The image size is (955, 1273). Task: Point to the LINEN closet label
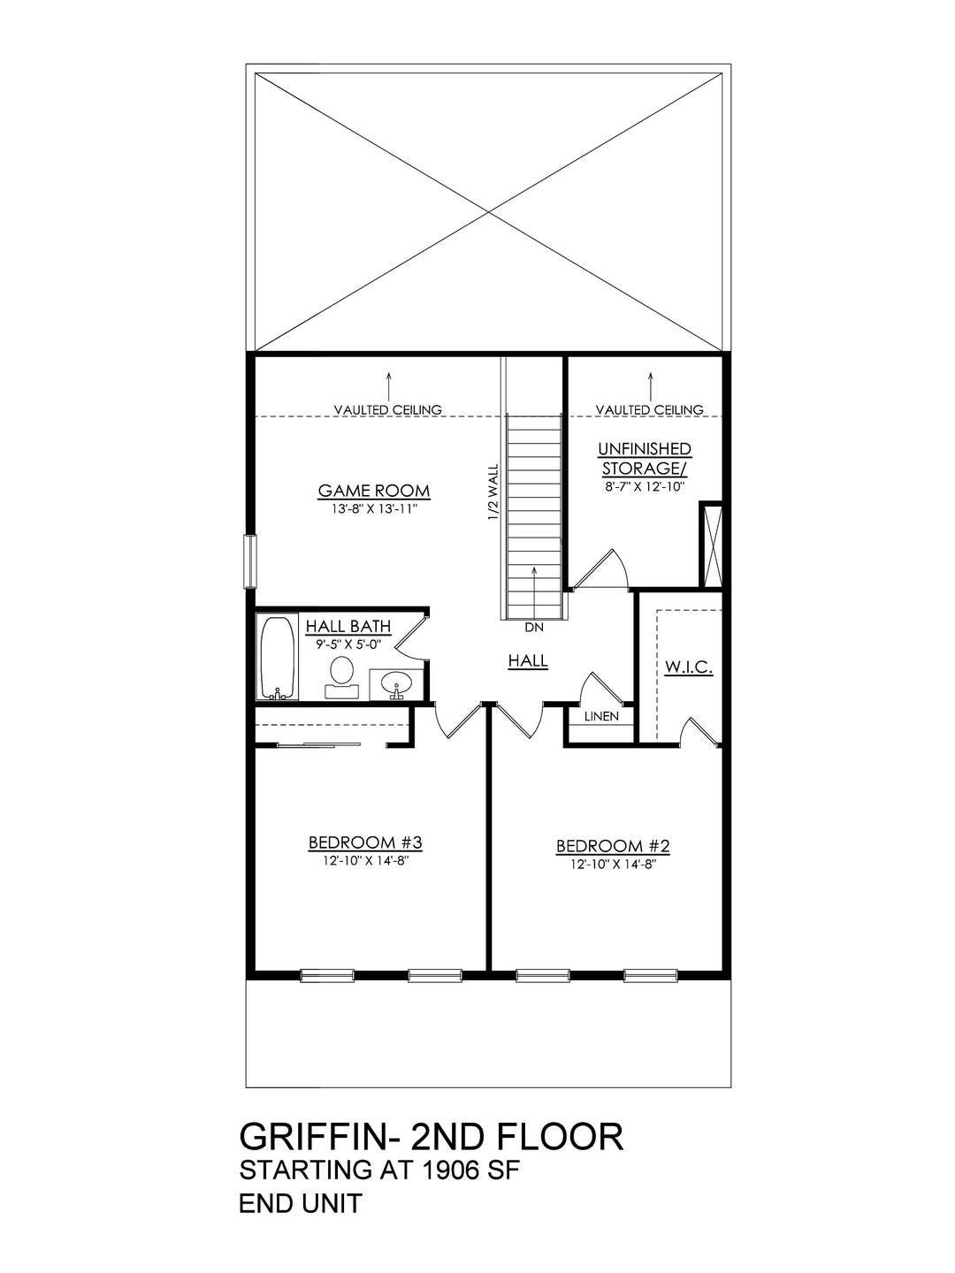tap(600, 717)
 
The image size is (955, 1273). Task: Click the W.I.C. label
tap(687, 667)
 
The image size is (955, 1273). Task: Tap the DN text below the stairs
tap(533, 628)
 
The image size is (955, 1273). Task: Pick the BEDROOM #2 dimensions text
tap(613, 864)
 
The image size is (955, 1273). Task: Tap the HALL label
tap(528, 660)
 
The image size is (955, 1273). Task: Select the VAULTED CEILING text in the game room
tap(388, 409)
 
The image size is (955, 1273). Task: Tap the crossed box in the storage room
tap(710, 543)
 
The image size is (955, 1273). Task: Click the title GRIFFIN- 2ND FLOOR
tap(432, 1137)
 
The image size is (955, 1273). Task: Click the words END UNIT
tap(301, 1204)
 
